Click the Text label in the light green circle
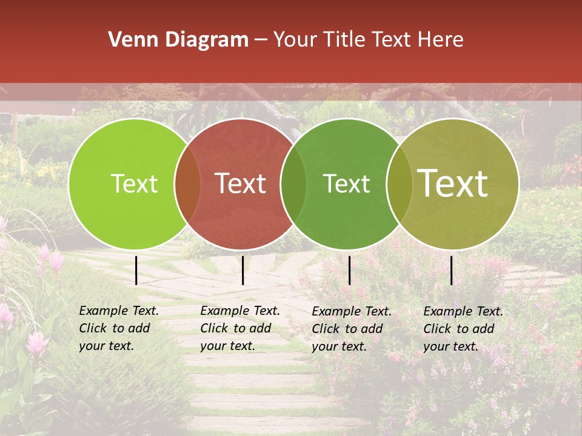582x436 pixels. click(x=134, y=184)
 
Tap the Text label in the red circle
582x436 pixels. click(x=241, y=184)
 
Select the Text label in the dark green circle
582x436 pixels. click(x=346, y=184)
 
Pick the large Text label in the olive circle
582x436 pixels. click(x=453, y=183)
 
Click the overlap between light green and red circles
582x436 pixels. click(x=187, y=184)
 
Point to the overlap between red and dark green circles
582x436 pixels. click(x=293, y=184)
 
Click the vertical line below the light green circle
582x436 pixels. click(x=136, y=270)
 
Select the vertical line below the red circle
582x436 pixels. click(x=242, y=270)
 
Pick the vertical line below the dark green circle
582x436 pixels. click(x=349, y=270)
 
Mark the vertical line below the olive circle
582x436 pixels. click(x=451, y=270)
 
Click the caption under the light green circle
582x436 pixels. click(x=119, y=328)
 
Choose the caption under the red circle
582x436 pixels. click(x=240, y=328)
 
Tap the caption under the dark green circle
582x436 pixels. click(x=352, y=329)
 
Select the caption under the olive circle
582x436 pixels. click(x=463, y=329)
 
